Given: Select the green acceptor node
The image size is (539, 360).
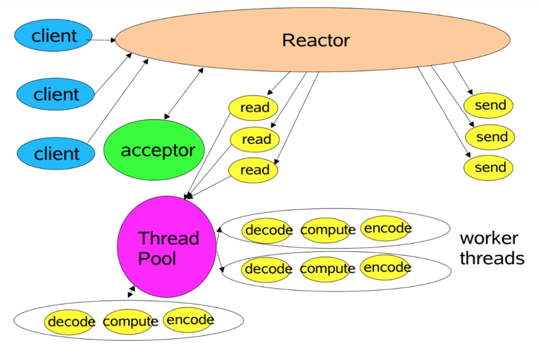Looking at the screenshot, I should [x=154, y=150].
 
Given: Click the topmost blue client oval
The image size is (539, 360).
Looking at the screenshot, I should [x=53, y=35].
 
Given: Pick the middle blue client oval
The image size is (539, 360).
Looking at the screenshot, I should [x=55, y=94].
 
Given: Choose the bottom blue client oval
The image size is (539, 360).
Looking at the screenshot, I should [x=56, y=153].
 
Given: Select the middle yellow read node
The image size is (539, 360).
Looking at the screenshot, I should [x=255, y=139].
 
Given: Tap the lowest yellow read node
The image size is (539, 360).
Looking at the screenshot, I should [x=254, y=170].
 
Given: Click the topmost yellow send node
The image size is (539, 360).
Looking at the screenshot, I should [x=489, y=105].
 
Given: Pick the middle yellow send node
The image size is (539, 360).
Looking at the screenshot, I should [x=490, y=137].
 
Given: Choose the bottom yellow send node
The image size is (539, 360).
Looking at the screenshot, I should [x=489, y=167].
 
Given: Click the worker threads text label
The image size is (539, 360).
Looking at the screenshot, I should [x=492, y=248].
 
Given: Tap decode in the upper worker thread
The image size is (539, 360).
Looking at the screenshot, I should [x=268, y=230].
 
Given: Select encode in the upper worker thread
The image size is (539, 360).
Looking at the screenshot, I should [x=387, y=228].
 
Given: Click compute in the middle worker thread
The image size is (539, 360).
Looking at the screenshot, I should [x=327, y=269].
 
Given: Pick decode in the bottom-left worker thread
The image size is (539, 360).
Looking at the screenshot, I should [x=70, y=322].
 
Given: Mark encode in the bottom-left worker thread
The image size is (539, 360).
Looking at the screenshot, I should [x=190, y=320].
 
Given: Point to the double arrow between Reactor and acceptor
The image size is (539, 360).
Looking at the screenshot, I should [x=184, y=93].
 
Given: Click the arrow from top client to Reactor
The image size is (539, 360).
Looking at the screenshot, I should [x=102, y=40].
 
